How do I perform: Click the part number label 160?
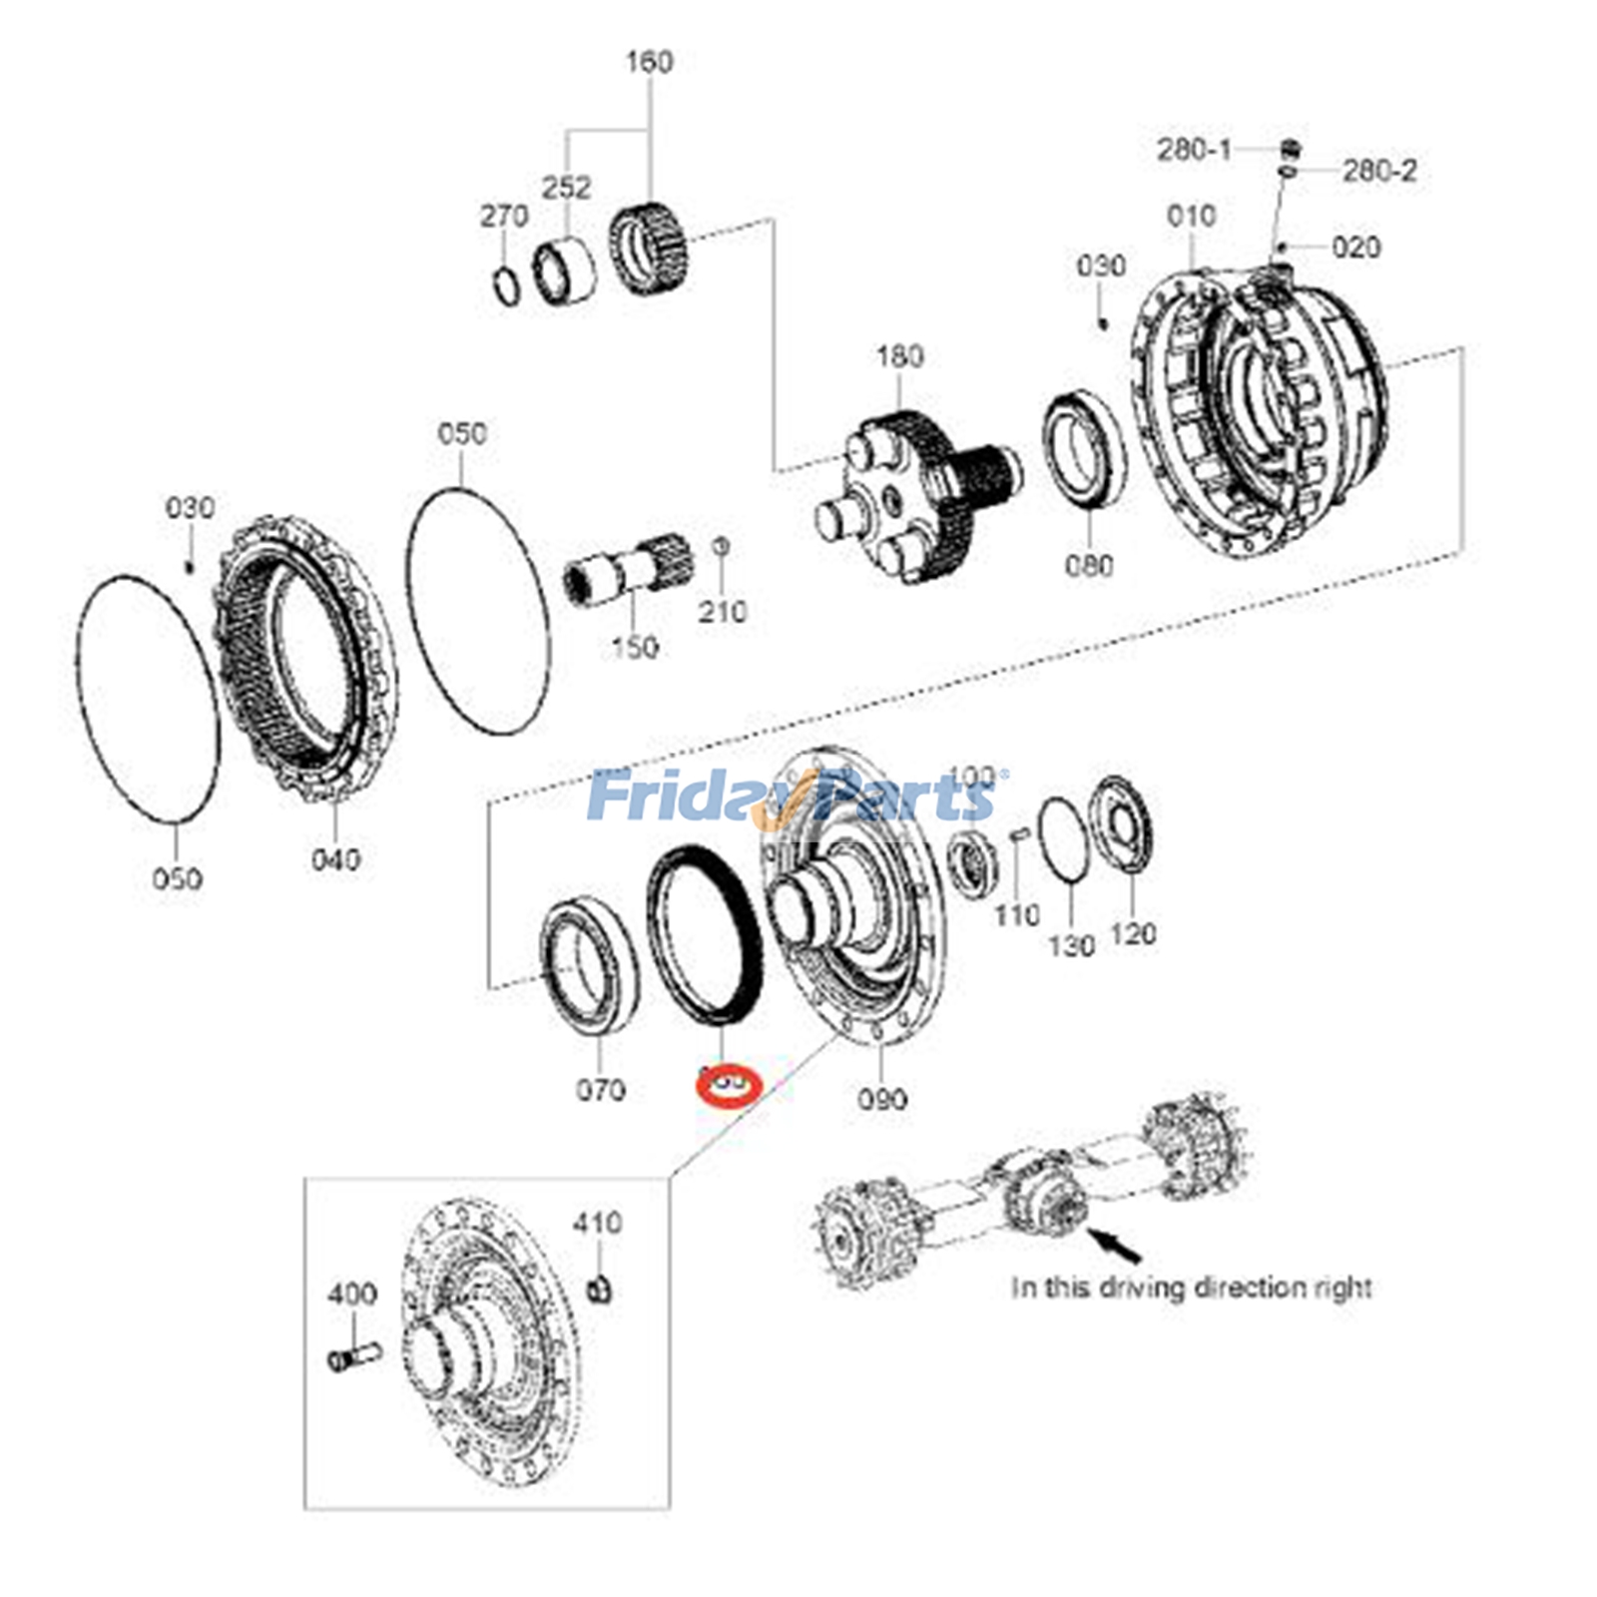(649, 62)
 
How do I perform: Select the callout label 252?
(566, 187)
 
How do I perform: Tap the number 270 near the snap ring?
(504, 216)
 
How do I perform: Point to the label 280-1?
(1194, 150)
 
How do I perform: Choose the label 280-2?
(1378, 171)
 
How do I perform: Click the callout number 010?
(1191, 216)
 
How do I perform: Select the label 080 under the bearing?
(1088, 566)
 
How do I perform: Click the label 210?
(722, 611)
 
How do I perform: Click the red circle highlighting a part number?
(729, 1084)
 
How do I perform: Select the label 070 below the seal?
(600, 1090)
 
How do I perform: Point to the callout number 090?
(882, 1099)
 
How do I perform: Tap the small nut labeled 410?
(599, 1289)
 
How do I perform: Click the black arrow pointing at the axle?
(1115, 1244)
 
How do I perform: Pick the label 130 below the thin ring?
(1071, 944)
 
